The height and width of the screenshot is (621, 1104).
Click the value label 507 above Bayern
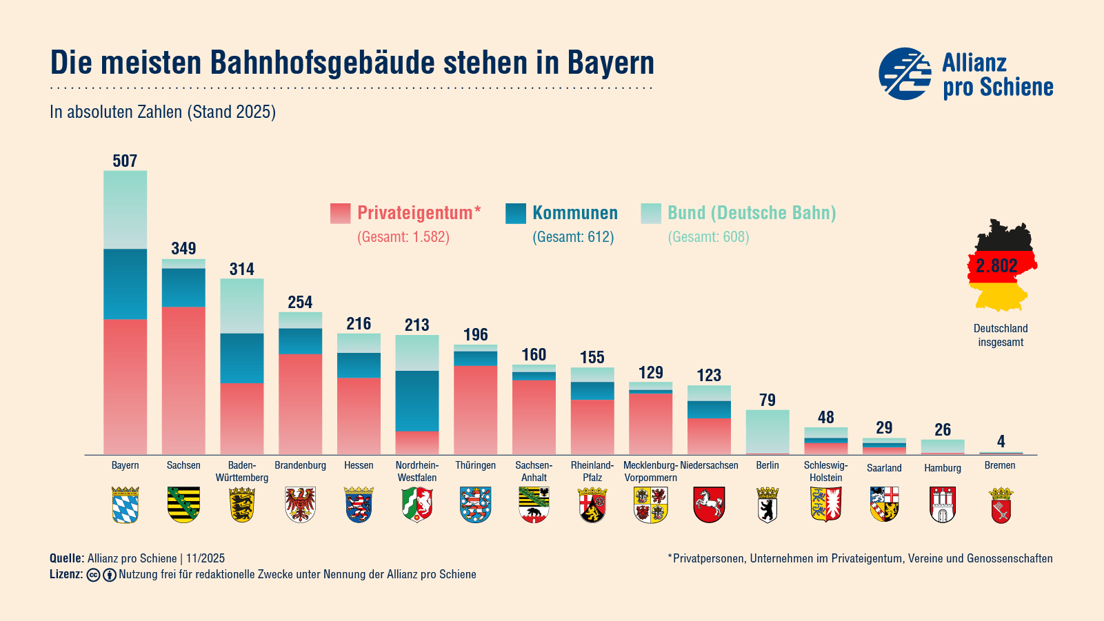coord(125,161)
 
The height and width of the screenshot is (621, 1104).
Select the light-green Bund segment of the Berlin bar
coord(767,431)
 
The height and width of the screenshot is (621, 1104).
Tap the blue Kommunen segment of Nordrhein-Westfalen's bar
coord(417,400)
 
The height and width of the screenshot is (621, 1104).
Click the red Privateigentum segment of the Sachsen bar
coord(183,379)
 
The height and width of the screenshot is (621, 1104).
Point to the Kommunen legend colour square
coord(516,214)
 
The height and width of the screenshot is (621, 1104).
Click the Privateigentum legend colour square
coord(341,214)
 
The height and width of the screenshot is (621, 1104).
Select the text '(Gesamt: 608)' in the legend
coord(708,237)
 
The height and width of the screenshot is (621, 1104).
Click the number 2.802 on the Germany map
coord(996,266)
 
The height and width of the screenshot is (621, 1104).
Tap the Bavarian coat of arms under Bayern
coord(125,505)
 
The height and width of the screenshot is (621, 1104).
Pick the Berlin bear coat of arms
coord(767,505)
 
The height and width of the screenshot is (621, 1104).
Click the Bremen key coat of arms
coord(1001,505)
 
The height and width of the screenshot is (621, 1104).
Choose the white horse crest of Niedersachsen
coord(709,505)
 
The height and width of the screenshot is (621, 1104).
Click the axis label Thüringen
coord(475,465)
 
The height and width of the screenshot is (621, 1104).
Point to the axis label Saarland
coord(884,468)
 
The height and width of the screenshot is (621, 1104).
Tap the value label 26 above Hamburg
coord(943,430)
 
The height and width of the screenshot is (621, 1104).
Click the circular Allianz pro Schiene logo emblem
coord(905,74)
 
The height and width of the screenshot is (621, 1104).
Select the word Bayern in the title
coord(610,63)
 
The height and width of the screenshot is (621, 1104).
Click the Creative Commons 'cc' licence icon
coord(94,575)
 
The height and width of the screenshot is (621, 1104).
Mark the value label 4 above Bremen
coord(1001,441)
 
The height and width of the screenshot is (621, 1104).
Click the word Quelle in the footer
coord(66,558)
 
